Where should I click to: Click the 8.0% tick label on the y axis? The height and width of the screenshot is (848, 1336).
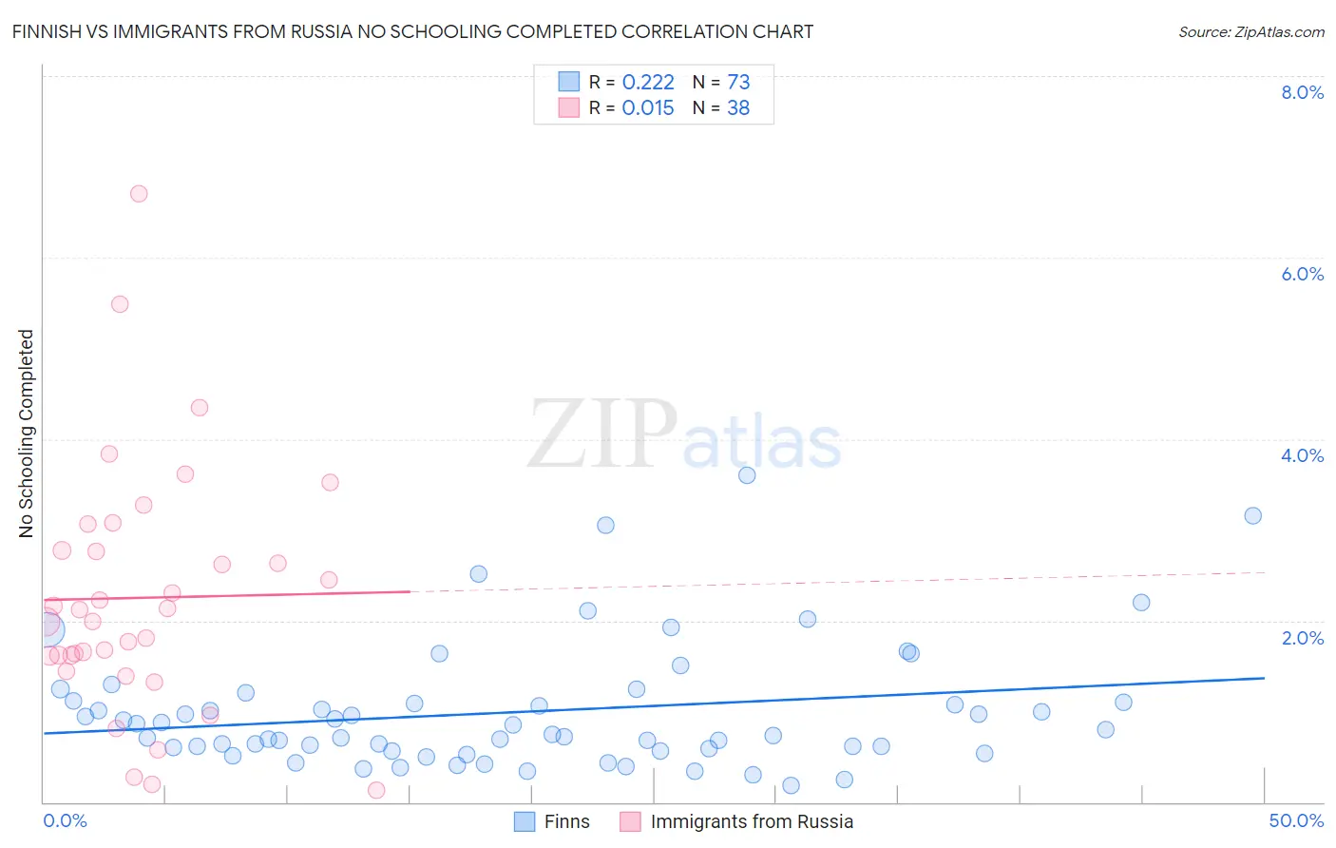1302,92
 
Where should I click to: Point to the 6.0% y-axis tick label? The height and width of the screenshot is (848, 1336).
1302,274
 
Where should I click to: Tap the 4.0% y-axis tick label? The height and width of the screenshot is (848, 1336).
1302,455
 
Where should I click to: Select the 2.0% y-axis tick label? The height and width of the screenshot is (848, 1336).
1302,638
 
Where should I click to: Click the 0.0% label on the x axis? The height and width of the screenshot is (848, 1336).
65,821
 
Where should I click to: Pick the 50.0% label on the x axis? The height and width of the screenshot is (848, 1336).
1296,821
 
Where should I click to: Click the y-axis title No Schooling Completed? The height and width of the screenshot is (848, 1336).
27,434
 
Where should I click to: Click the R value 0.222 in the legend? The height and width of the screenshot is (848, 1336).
648,83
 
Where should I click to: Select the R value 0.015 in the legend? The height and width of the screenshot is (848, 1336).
648,108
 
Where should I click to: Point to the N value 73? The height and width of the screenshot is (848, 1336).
738,83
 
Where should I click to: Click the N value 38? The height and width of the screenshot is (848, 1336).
738,108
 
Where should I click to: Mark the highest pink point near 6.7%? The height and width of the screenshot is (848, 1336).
139,194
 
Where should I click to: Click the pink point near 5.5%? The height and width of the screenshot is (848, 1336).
120,304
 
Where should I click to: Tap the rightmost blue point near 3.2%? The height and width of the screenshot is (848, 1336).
1253,516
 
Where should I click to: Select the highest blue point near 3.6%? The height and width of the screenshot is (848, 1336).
747,475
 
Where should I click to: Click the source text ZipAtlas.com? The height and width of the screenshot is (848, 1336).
1251,32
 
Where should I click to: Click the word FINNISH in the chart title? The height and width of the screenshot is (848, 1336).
48,32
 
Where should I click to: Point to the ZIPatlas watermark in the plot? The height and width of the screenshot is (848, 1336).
684,435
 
